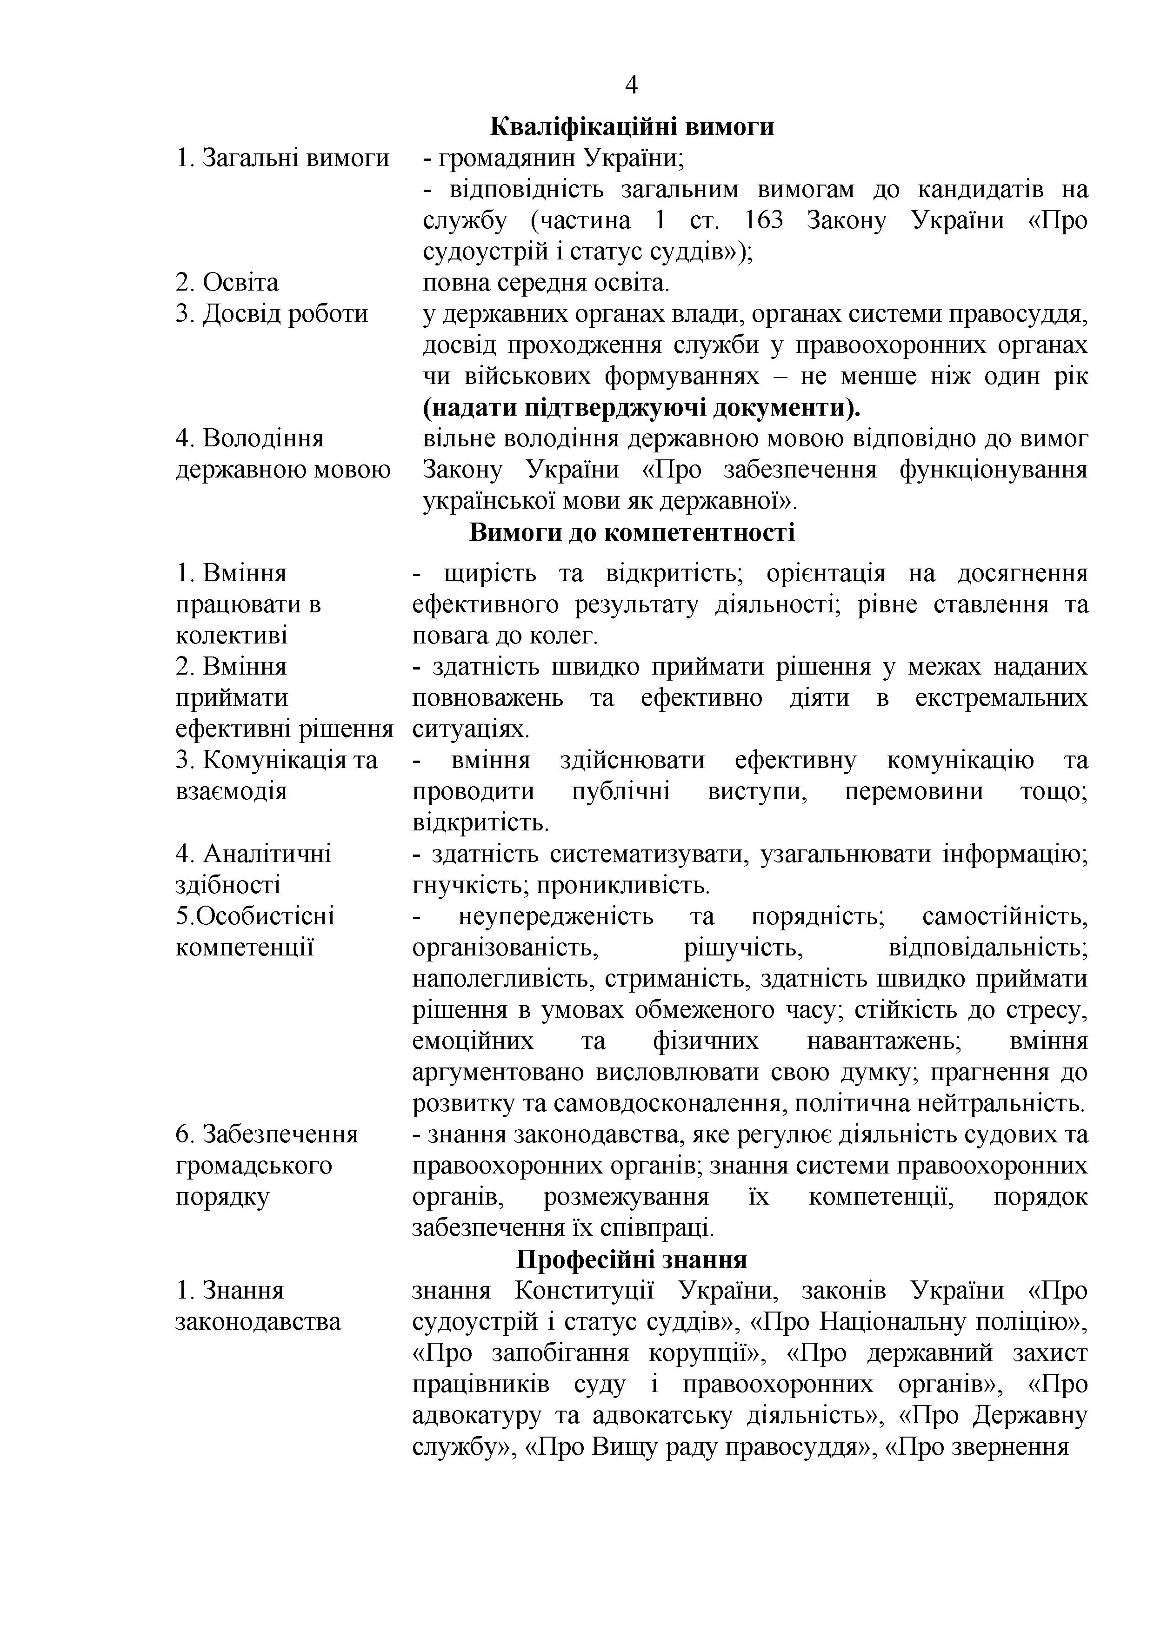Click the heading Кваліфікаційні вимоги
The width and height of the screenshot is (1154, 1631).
click(632, 126)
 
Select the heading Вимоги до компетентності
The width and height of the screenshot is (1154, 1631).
click(632, 532)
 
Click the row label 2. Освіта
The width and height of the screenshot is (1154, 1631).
click(227, 283)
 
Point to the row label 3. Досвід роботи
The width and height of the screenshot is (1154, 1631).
click(272, 313)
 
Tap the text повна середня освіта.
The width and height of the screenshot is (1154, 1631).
click(546, 283)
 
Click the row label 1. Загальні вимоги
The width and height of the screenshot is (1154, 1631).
click(282, 158)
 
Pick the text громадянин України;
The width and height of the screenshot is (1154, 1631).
click(554, 158)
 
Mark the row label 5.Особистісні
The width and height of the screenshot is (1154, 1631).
click(254, 916)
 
